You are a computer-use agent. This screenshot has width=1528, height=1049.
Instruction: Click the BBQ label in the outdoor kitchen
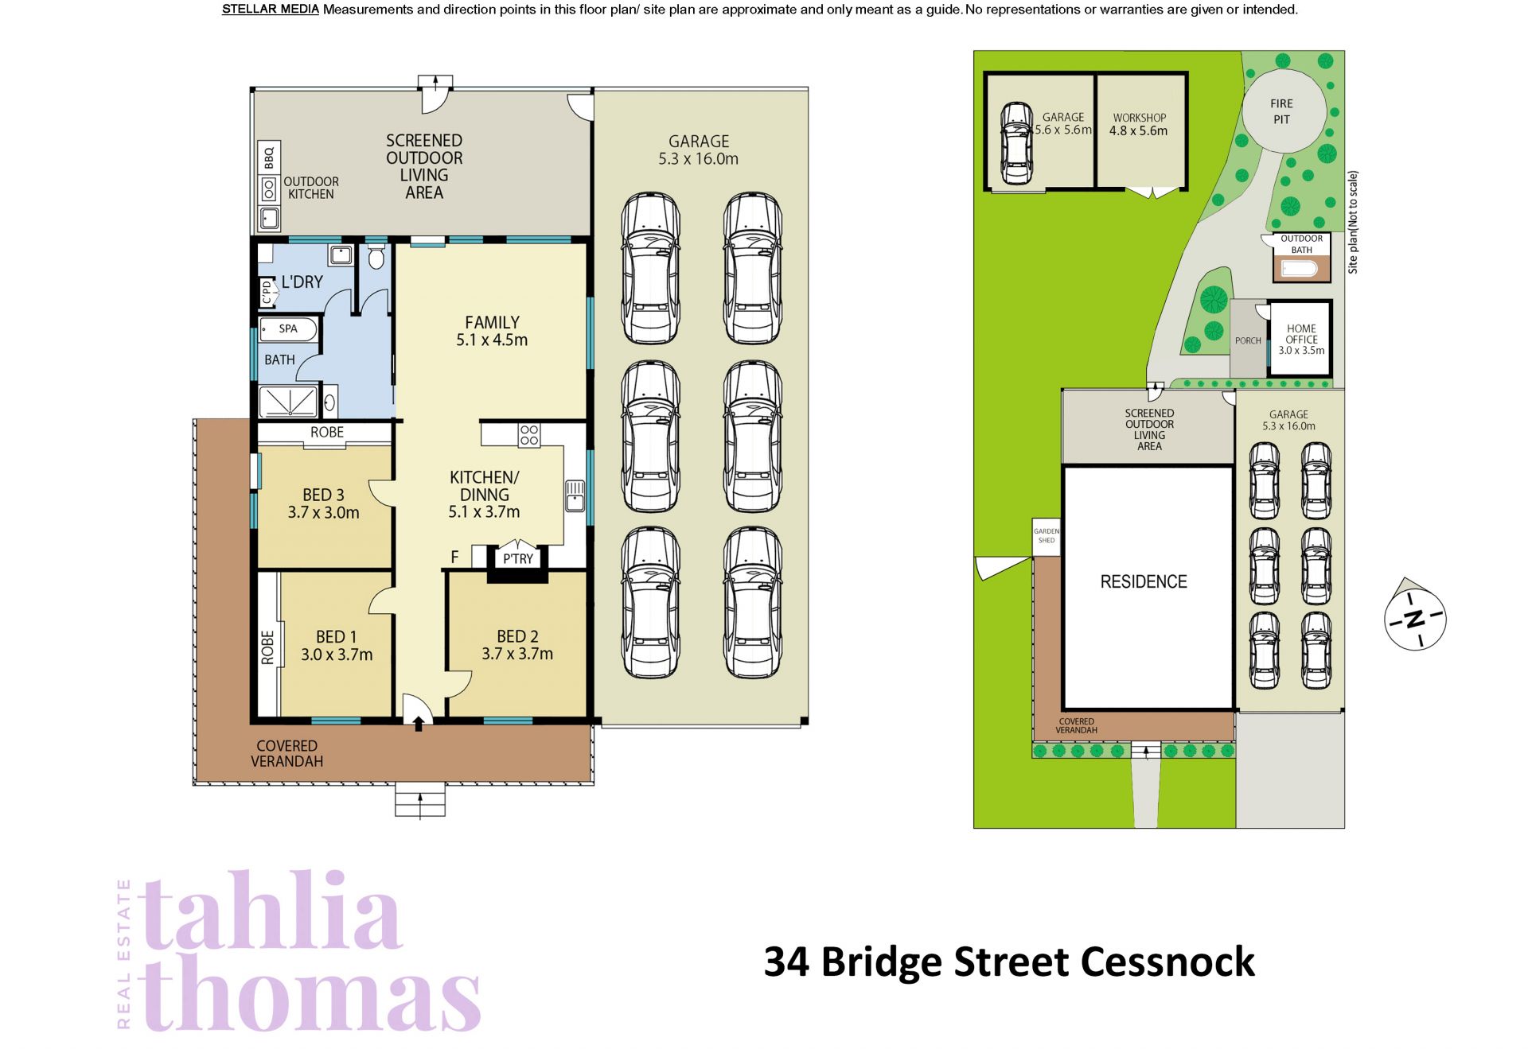coord(269,157)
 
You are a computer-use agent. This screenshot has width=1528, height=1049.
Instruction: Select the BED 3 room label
coord(323,495)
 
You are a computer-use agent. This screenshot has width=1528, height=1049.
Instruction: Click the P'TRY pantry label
coord(518,559)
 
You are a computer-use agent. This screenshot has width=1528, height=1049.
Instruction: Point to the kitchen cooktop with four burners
coord(529,435)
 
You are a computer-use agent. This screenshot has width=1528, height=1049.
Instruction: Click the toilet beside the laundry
coord(376,256)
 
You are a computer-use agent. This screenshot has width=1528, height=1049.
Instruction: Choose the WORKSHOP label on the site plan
coord(1139,118)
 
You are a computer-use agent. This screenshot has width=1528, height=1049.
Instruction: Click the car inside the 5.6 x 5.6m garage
coord(1016,143)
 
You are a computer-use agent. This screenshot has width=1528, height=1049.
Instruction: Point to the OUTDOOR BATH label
coord(1302,244)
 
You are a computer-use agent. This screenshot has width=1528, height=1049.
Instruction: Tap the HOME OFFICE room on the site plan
coord(1300,338)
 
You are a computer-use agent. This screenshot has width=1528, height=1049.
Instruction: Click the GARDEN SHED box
coord(1047,536)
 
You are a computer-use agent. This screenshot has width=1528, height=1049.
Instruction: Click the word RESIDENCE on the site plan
coord(1144,581)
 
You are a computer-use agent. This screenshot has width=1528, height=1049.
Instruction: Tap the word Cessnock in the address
coord(1167,962)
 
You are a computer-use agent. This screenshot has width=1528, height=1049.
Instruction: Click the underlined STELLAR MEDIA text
coord(271,10)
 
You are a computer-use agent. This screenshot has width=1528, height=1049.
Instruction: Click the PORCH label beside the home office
coord(1248,340)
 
